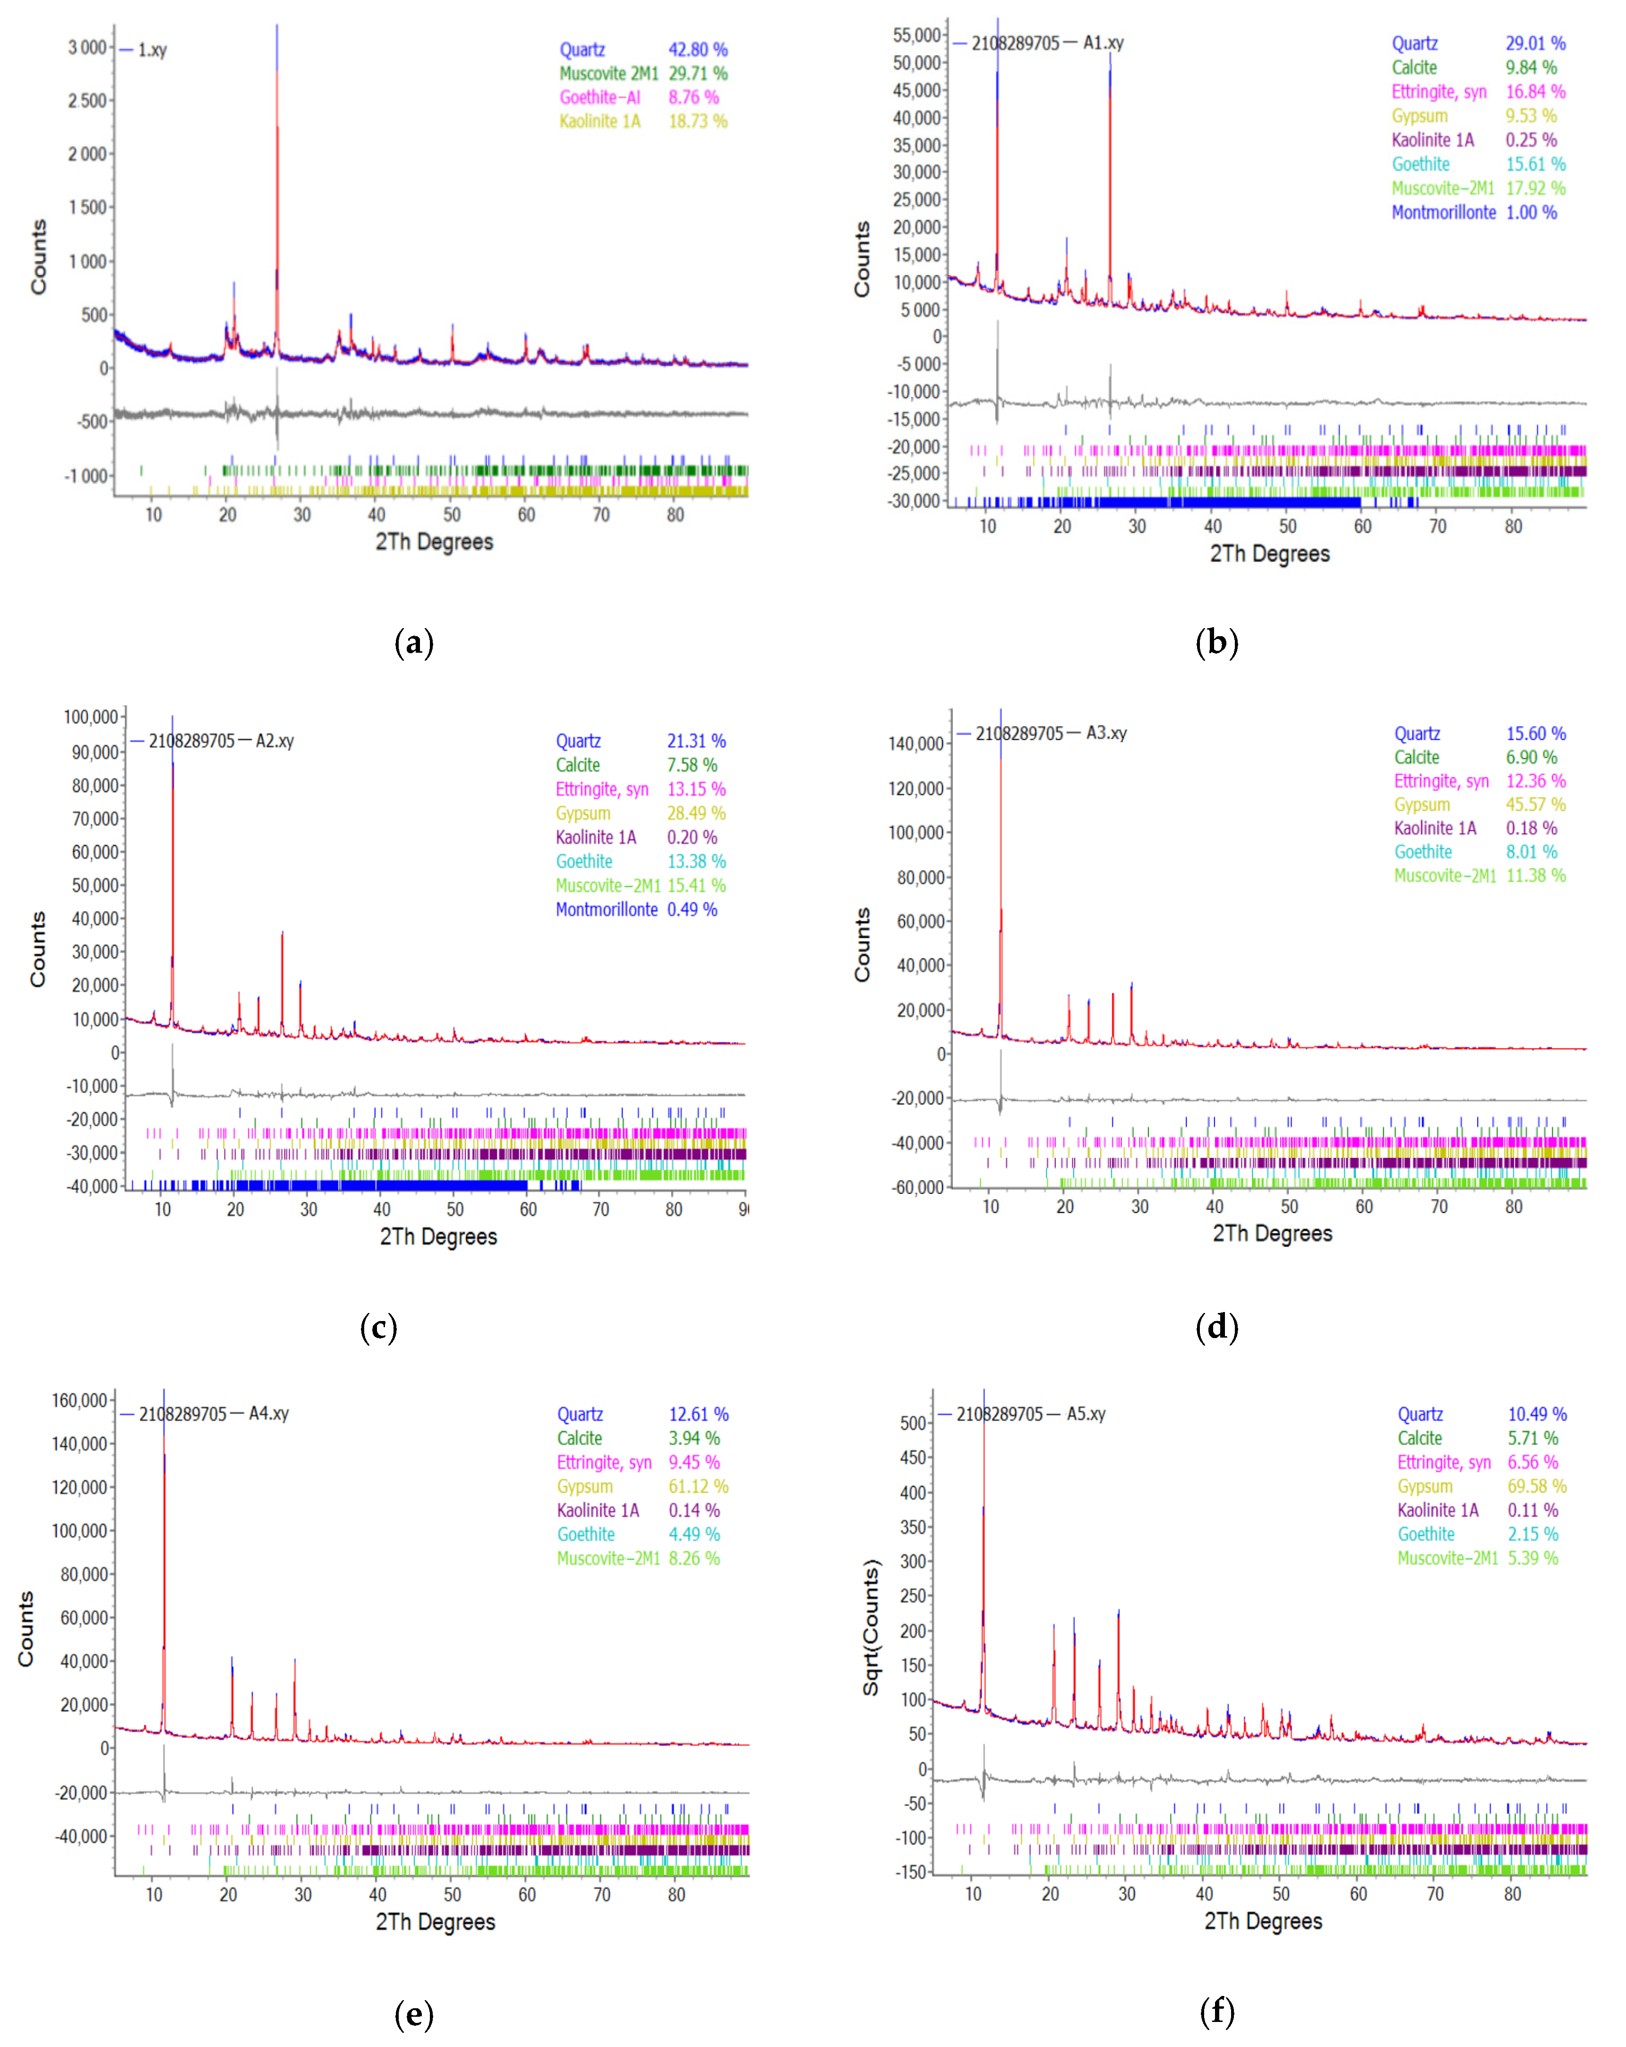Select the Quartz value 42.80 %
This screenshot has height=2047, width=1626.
point(698,49)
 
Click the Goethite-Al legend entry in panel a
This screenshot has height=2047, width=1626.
point(600,97)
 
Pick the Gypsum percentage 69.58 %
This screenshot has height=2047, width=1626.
point(1537,1486)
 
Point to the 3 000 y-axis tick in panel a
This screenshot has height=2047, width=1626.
point(87,47)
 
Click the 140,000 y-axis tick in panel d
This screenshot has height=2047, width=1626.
point(916,743)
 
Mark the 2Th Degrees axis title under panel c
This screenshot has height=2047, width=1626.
point(438,1236)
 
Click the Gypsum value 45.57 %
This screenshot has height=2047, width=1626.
point(1535,804)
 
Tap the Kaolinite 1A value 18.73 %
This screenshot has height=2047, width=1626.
point(698,121)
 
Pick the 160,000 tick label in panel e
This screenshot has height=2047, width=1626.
point(80,1400)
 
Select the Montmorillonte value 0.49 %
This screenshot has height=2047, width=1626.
point(692,909)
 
